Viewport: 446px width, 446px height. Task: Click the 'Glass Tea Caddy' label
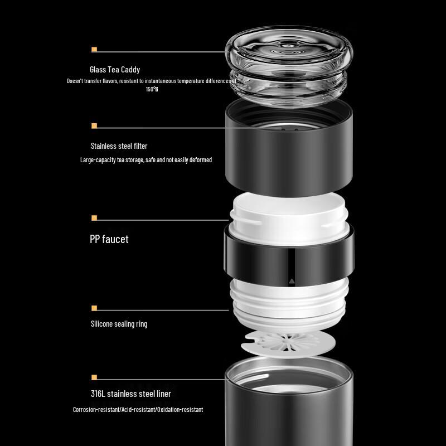click(x=115, y=70)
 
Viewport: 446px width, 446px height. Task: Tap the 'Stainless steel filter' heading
click(x=119, y=146)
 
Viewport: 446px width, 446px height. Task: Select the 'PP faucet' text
click(x=109, y=239)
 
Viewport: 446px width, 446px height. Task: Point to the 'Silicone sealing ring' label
click(x=119, y=324)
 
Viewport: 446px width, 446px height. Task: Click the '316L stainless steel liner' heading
click(x=131, y=394)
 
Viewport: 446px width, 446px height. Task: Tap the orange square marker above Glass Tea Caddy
click(x=94, y=50)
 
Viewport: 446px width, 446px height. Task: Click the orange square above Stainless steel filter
click(x=94, y=126)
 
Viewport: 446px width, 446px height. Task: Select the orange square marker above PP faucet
click(x=94, y=218)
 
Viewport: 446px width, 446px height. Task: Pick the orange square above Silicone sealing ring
click(x=94, y=308)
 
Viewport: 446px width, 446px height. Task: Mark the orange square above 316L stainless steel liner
click(x=94, y=377)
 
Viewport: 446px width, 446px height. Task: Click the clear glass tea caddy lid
click(x=289, y=66)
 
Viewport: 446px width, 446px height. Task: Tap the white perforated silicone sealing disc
click(x=288, y=343)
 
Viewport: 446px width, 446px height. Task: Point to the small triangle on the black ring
click(x=292, y=282)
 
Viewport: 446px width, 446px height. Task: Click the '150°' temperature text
click(x=152, y=89)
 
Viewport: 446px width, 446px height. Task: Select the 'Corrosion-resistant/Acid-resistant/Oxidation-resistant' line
click(x=138, y=410)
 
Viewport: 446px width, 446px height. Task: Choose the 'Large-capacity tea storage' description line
click(x=146, y=160)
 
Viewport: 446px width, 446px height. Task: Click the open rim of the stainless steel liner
click(x=289, y=370)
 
